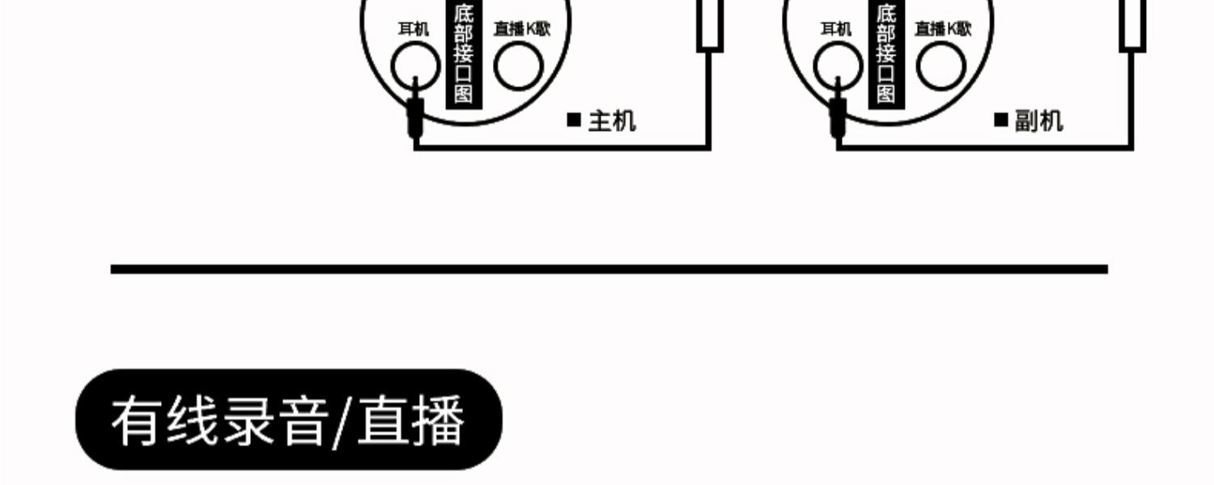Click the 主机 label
pyautogui.click(x=612, y=121)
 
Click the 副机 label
pyautogui.click(x=1038, y=121)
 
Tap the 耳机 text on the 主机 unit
pyautogui.click(x=413, y=30)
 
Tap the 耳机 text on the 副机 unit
pyautogui.click(x=836, y=30)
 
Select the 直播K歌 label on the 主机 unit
pyautogui.click(x=522, y=30)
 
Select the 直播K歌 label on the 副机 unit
pyautogui.click(x=943, y=30)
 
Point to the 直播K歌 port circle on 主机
pyautogui.click(x=519, y=66)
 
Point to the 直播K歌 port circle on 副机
pyautogui.click(x=940, y=66)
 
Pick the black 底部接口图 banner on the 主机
pyautogui.click(x=464, y=53)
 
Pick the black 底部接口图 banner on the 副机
pyautogui.click(x=886, y=53)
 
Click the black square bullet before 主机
pyautogui.click(x=574, y=120)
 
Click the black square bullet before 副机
pyautogui.click(x=1001, y=120)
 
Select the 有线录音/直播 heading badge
pyautogui.click(x=289, y=420)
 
